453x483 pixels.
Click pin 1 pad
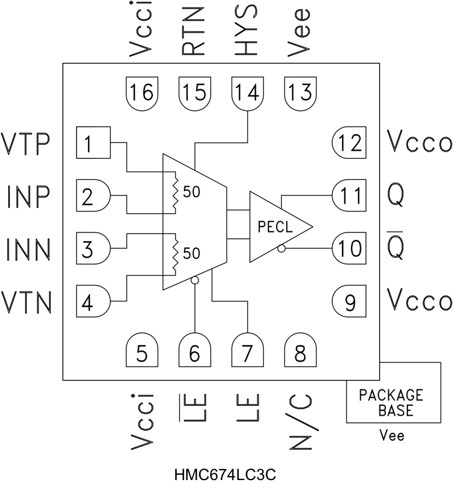pyautogui.click(x=93, y=143)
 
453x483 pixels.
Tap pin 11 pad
pyautogui.click(x=349, y=194)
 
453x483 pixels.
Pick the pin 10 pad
pyautogui.click(x=349, y=248)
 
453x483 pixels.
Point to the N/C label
pyautogui.click(x=300, y=422)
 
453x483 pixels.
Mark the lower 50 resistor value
pyautogui.click(x=191, y=253)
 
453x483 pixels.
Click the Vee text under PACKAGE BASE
pyautogui.click(x=392, y=436)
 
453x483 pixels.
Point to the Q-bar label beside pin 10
pyautogui.click(x=402, y=247)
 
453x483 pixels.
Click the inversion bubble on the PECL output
pyautogui.click(x=281, y=249)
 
